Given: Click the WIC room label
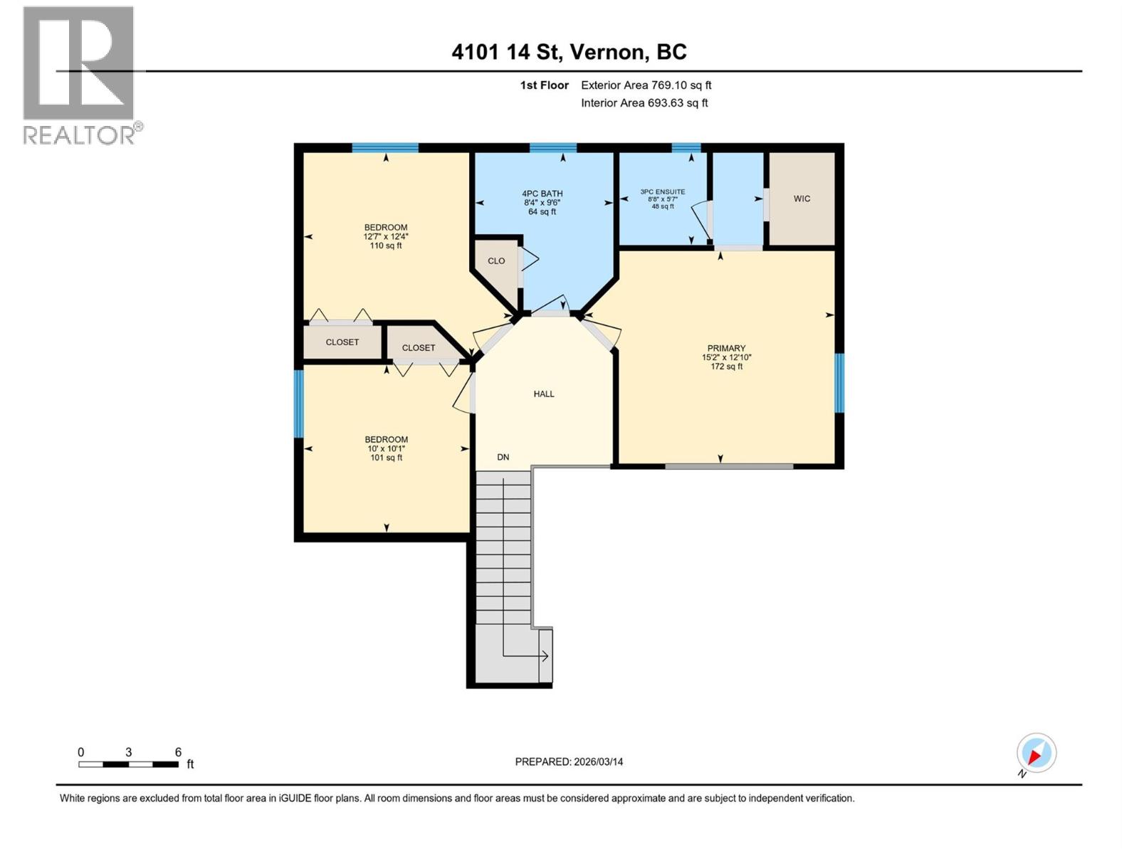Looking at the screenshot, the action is click(x=802, y=199).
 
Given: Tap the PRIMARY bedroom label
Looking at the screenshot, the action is click(x=726, y=348).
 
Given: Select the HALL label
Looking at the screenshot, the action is click(x=544, y=394).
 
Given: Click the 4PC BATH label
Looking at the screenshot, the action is click(x=542, y=194).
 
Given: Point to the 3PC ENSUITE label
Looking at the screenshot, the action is click(x=663, y=192).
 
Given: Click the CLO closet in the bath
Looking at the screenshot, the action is click(x=496, y=260).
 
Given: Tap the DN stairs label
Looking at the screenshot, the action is click(x=503, y=458).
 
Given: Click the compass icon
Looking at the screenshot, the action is click(x=1036, y=752).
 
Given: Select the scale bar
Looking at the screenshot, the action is click(x=129, y=764).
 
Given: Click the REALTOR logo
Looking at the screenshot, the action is click(x=80, y=75).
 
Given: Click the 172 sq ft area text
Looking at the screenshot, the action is click(x=727, y=367).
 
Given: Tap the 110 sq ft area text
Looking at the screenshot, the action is click(x=386, y=246).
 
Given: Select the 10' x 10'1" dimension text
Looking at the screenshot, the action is click(x=386, y=448).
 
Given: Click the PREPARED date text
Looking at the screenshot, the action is click(x=569, y=761).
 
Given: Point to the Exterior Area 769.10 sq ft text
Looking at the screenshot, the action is click(x=646, y=85).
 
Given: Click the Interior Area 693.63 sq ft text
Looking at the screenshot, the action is click(x=644, y=102).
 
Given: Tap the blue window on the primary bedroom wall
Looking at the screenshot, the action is click(x=839, y=383).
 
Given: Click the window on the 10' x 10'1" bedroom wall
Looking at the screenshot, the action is click(x=298, y=404).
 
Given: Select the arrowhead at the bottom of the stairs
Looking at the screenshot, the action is click(x=545, y=656).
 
